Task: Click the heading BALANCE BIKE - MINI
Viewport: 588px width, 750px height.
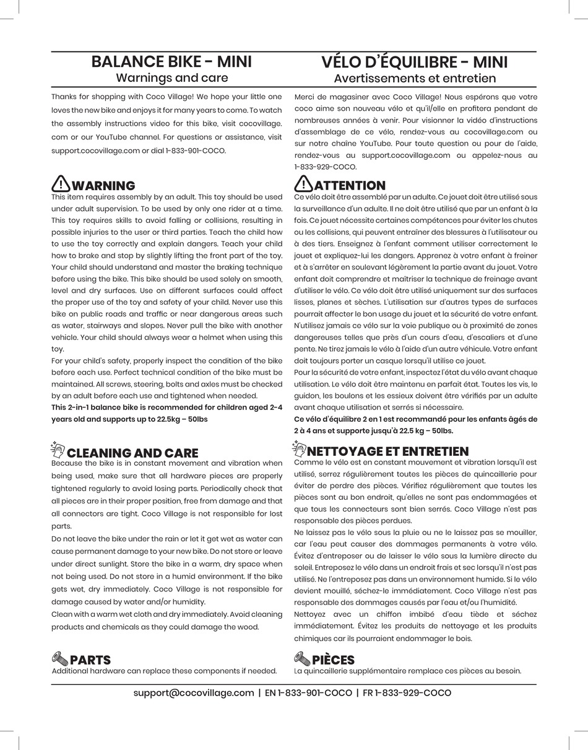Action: [x=171, y=62]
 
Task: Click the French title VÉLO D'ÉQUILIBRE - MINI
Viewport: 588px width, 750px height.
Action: [x=414, y=63]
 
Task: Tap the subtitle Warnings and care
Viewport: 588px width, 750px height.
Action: [x=171, y=78]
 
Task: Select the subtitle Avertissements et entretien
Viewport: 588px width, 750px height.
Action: [x=415, y=79]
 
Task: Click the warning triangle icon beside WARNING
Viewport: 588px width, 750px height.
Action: [x=61, y=184]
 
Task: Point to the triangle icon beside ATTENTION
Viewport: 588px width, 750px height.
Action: [x=303, y=184]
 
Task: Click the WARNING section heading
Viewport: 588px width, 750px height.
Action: [x=103, y=186]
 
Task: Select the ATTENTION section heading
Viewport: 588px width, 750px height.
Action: [x=350, y=186]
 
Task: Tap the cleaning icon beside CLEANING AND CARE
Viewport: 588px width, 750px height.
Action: [x=58, y=449]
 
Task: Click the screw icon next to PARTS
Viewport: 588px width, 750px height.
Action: [x=60, y=658]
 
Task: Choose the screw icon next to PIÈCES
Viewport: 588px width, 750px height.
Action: [x=302, y=658]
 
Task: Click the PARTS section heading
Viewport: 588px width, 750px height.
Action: [x=90, y=660]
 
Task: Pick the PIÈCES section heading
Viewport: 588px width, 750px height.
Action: [x=333, y=660]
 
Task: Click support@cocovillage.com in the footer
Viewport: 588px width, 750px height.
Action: [x=194, y=693]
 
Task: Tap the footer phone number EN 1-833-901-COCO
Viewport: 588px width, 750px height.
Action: [x=308, y=693]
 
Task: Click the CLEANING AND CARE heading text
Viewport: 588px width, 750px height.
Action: [x=132, y=453]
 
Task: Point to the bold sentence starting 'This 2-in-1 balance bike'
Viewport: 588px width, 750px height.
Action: [x=166, y=413]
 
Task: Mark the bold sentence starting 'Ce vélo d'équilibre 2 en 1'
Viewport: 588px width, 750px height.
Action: [x=415, y=425]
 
